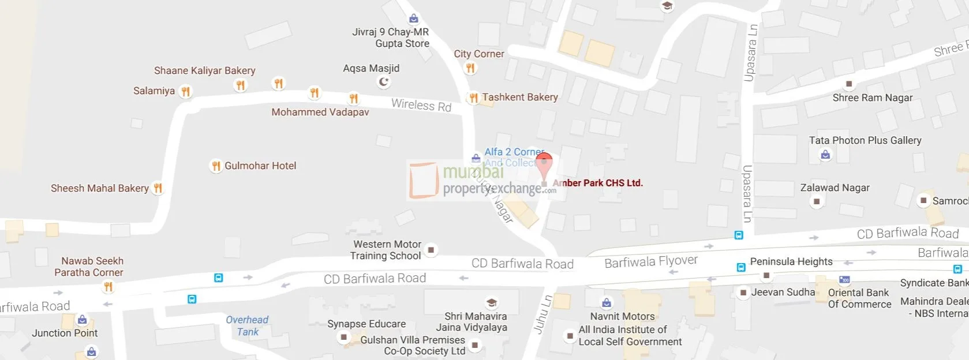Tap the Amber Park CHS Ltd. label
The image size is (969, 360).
[x=597, y=183]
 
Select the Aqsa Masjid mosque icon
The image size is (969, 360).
[x=383, y=82]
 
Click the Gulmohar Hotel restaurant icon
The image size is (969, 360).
[x=216, y=166]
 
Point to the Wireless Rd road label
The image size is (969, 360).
[x=421, y=105]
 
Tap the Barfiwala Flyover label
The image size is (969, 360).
[x=650, y=262]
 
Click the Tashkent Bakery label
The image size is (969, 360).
[x=520, y=97]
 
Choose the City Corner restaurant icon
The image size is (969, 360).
[x=470, y=68]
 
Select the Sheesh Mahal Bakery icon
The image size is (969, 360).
[x=158, y=188]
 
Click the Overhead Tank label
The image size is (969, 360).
[x=247, y=325]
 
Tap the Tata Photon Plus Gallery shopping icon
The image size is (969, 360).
[x=826, y=155]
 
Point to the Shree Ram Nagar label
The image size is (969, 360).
[x=872, y=97]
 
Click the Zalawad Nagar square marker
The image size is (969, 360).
[x=816, y=201]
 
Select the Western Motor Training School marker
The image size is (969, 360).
[x=431, y=250]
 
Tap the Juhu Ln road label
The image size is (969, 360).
[x=542, y=314]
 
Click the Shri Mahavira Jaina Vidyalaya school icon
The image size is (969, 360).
[x=491, y=303]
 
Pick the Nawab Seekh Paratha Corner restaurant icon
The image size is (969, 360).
[x=108, y=287]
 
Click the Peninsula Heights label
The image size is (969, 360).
[x=791, y=261]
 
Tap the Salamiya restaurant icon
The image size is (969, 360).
[x=185, y=91]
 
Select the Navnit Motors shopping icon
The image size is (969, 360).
[x=607, y=303]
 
